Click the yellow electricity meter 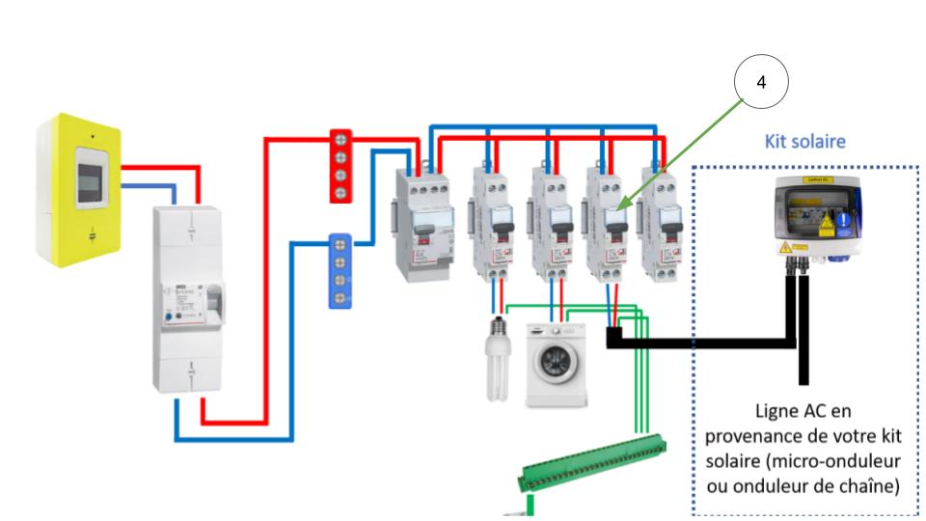(79, 189)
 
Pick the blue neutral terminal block (340, 269)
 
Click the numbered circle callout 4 (761, 82)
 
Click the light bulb (499, 357)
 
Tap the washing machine (557, 364)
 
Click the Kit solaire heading (804, 142)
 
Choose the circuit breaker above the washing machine (549, 224)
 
